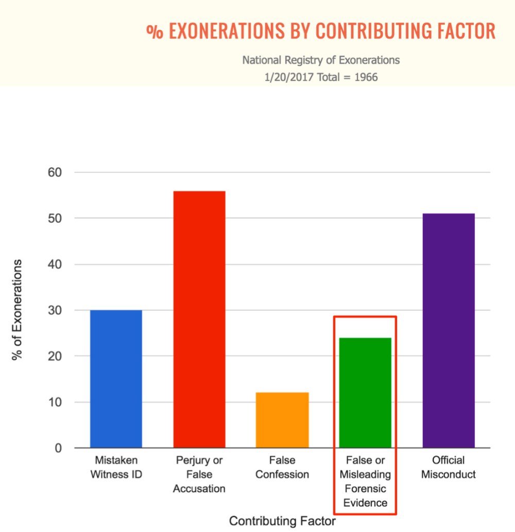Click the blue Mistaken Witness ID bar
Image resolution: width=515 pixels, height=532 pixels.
pos(116,379)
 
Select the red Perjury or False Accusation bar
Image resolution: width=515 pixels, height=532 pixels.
pos(199,319)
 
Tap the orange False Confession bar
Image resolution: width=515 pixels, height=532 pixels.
pos(282,420)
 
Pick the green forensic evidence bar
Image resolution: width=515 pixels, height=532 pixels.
pos(365,393)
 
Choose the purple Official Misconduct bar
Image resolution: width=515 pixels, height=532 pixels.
pos(449,330)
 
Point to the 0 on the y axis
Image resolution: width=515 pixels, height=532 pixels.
pos(59,448)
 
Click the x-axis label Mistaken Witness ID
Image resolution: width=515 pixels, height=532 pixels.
pos(116,467)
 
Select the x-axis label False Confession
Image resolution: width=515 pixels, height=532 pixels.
pos(282,467)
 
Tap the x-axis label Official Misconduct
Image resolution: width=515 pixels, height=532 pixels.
pos(449,467)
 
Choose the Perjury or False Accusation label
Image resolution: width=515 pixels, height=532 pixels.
pos(199,474)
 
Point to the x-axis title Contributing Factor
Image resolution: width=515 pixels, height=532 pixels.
pos(282,520)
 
